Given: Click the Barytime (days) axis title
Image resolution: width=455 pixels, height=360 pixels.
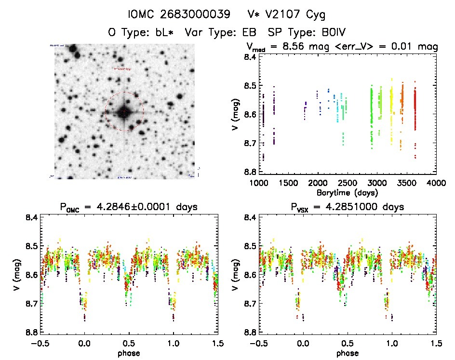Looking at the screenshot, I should [x=348, y=192].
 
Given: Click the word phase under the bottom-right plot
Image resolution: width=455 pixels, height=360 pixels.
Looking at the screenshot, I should [x=348, y=353].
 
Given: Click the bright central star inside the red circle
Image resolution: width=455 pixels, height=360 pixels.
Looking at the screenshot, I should [x=124, y=112].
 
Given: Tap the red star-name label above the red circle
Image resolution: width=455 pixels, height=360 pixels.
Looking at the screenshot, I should [x=122, y=69].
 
